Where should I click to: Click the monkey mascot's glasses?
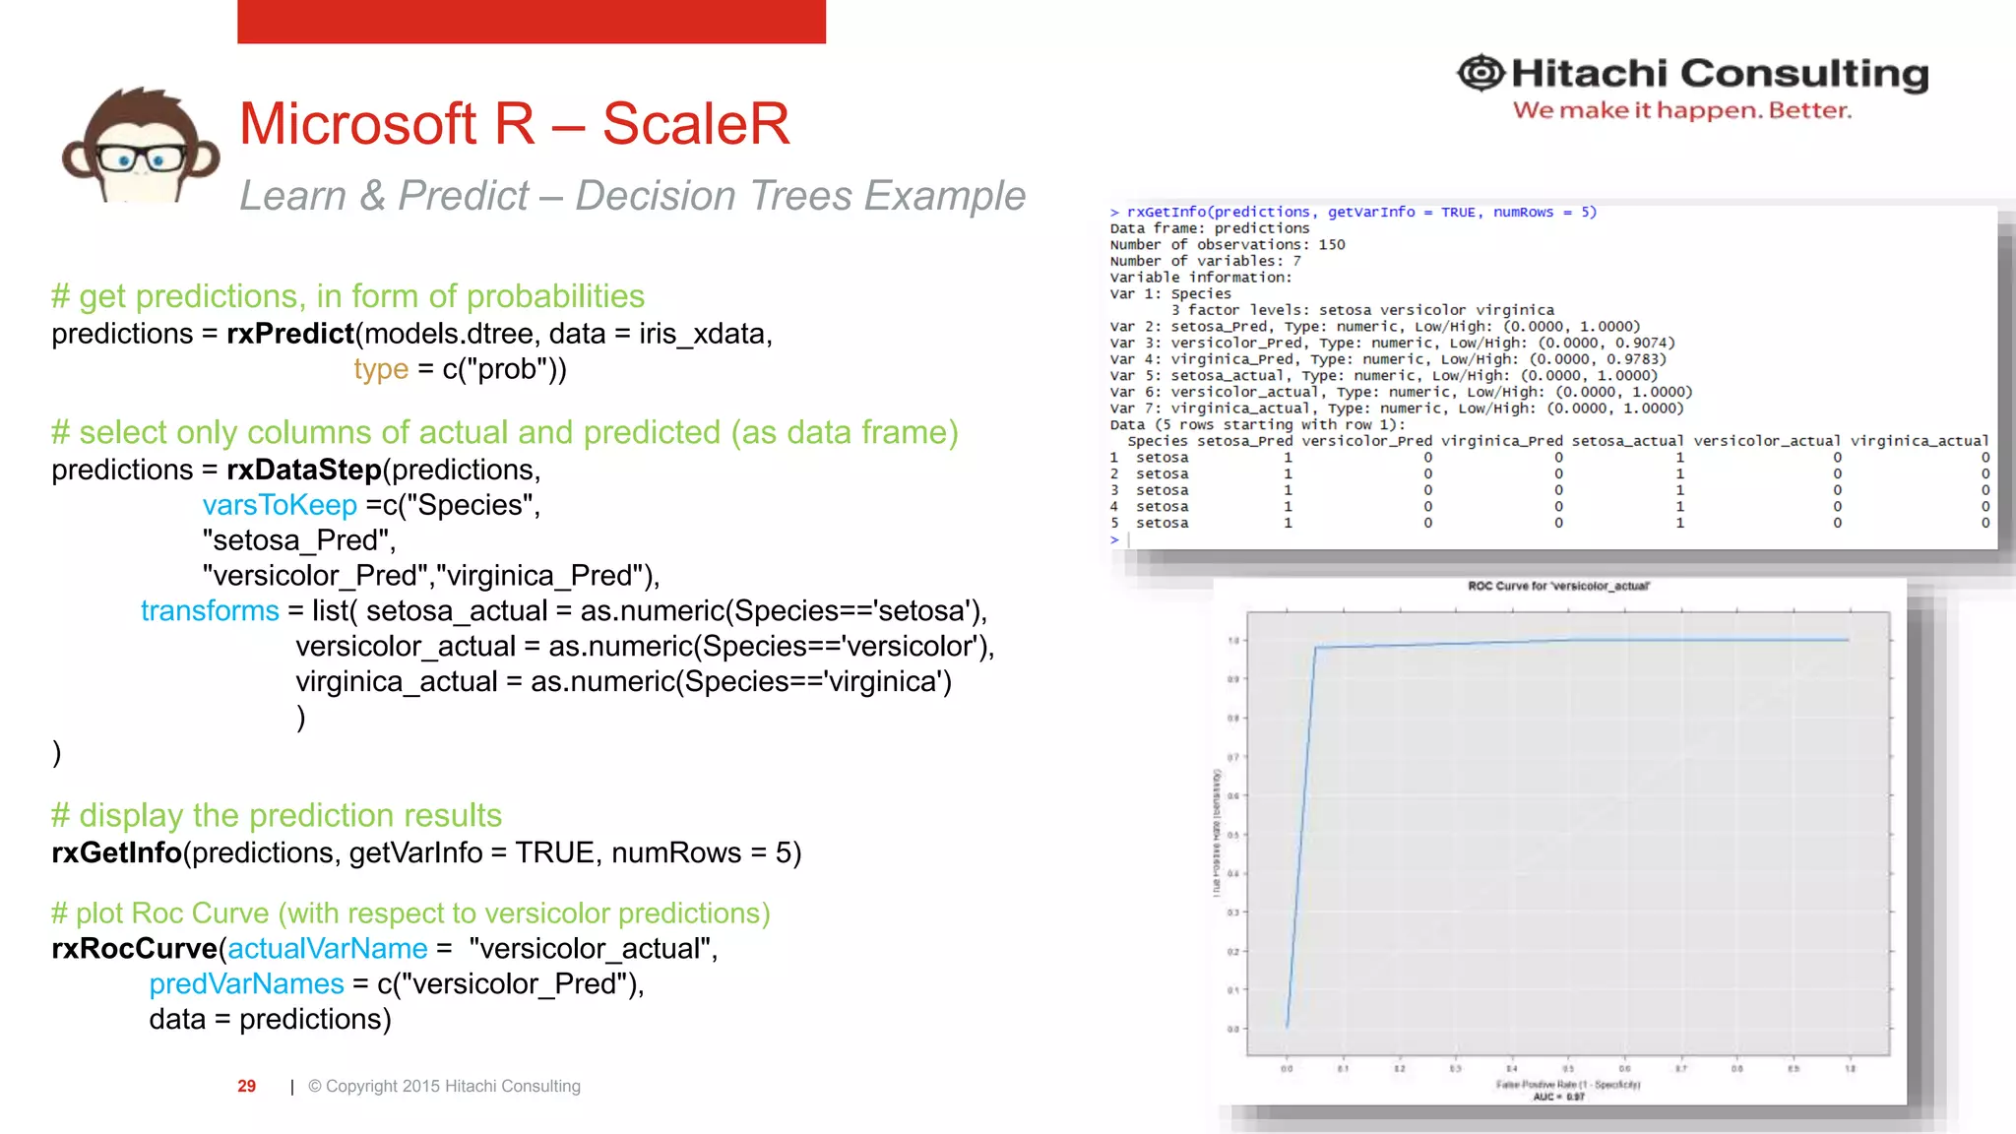coord(142,158)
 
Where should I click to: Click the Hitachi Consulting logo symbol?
coord(1480,73)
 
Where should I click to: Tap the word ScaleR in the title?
coord(695,124)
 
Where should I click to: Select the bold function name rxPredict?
coord(289,334)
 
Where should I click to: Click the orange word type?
coord(381,369)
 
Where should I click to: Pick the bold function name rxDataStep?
coord(303,470)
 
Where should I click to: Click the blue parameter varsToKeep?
coord(280,505)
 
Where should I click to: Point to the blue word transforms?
coord(210,611)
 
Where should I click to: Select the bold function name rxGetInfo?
coord(116,852)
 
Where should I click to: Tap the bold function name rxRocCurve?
coord(134,949)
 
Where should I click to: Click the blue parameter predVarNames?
coord(246,984)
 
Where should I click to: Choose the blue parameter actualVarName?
coord(328,949)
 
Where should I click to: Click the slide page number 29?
coord(246,1086)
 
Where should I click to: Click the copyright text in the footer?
coord(444,1086)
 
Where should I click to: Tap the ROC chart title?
coord(1558,586)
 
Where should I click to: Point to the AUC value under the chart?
coord(1558,1097)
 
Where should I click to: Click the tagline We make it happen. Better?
coord(1681,110)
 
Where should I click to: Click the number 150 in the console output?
coord(1331,244)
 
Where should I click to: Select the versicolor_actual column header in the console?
coord(1766,441)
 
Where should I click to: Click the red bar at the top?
coord(532,21)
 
